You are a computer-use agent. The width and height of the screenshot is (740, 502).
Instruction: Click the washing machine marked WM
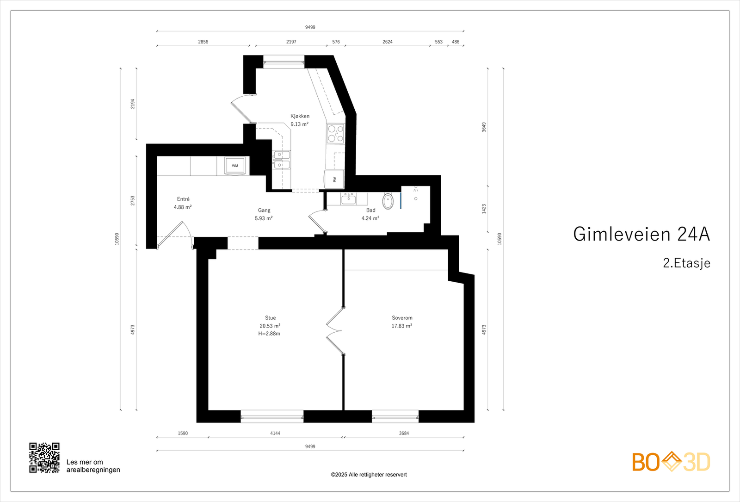tap(235, 166)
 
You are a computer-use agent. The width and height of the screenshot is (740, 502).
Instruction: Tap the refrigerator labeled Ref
tap(334, 179)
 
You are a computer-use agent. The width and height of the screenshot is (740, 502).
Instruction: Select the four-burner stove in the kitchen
tap(336, 133)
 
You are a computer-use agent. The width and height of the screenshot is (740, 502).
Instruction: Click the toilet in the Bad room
tap(388, 201)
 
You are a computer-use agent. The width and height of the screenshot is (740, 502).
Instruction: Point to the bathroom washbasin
tap(348, 199)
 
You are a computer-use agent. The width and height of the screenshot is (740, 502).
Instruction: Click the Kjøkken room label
tap(300, 116)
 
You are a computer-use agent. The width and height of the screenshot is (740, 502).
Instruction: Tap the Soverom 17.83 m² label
tap(402, 322)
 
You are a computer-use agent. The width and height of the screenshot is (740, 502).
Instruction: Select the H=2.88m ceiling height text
tap(269, 334)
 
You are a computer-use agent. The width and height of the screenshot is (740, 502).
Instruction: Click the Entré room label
tap(183, 199)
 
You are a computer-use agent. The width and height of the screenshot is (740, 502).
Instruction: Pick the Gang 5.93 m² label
tap(264, 214)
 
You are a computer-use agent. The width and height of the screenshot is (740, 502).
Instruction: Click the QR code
tap(44, 458)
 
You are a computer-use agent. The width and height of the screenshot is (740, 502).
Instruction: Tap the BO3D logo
tap(671, 462)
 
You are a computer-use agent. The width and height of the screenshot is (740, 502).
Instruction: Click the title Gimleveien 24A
tap(641, 234)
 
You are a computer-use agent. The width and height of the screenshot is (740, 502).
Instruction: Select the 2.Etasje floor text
tap(686, 263)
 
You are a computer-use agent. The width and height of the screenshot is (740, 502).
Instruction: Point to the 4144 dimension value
tap(275, 433)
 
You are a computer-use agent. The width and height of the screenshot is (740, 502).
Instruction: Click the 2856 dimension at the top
tap(203, 42)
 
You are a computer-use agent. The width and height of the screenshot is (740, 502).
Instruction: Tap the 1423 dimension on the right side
tap(484, 209)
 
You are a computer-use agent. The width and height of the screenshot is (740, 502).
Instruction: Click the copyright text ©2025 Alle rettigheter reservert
tap(369, 475)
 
